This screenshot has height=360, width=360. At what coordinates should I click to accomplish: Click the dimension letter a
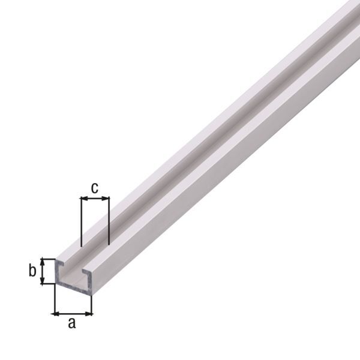pyautogui.click(x=72, y=324)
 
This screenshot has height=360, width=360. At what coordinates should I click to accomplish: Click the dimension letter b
pyautogui.click(x=32, y=271)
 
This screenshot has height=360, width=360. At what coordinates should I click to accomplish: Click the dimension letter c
pyautogui.click(x=94, y=188)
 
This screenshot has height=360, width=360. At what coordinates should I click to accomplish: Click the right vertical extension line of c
pyautogui.click(x=109, y=225)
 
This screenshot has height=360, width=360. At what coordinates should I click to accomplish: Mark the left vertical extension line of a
pyautogui.click(x=54, y=300)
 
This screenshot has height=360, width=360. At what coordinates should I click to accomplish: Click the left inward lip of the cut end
pyautogui.click(x=62, y=265)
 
